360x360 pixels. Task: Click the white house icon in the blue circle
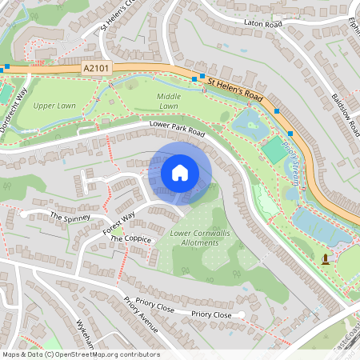click(x=180, y=172)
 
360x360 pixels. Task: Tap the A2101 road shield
click(x=94, y=70)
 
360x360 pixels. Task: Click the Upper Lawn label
click(x=55, y=105)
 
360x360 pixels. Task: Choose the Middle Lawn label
click(x=168, y=101)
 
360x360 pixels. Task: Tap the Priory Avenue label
click(x=142, y=315)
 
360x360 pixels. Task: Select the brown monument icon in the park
click(x=325, y=258)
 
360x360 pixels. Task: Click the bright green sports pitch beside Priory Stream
click(x=273, y=148)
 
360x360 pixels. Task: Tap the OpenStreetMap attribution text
click(x=81, y=354)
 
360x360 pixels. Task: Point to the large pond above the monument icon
click(x=320, y=226)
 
